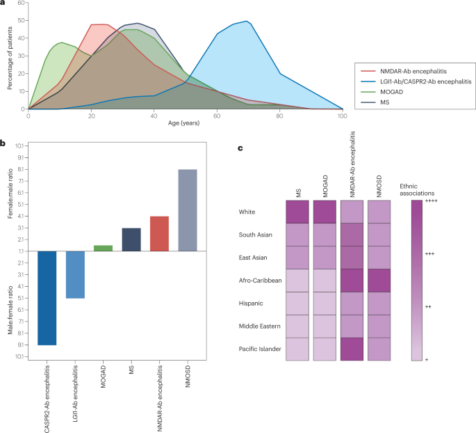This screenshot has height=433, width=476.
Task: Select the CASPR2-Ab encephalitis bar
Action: [47, 298]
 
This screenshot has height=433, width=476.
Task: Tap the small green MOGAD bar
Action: [104, 248]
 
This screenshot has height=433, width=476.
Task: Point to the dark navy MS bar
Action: [131, 239]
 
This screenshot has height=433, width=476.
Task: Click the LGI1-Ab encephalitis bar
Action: [76, 274]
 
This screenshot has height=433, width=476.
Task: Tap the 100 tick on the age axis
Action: [343, 116]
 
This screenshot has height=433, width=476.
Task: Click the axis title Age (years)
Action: [185, 124]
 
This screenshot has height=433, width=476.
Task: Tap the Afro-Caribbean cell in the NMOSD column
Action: [379, 281]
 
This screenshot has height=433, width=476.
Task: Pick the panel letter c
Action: [240, 148]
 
